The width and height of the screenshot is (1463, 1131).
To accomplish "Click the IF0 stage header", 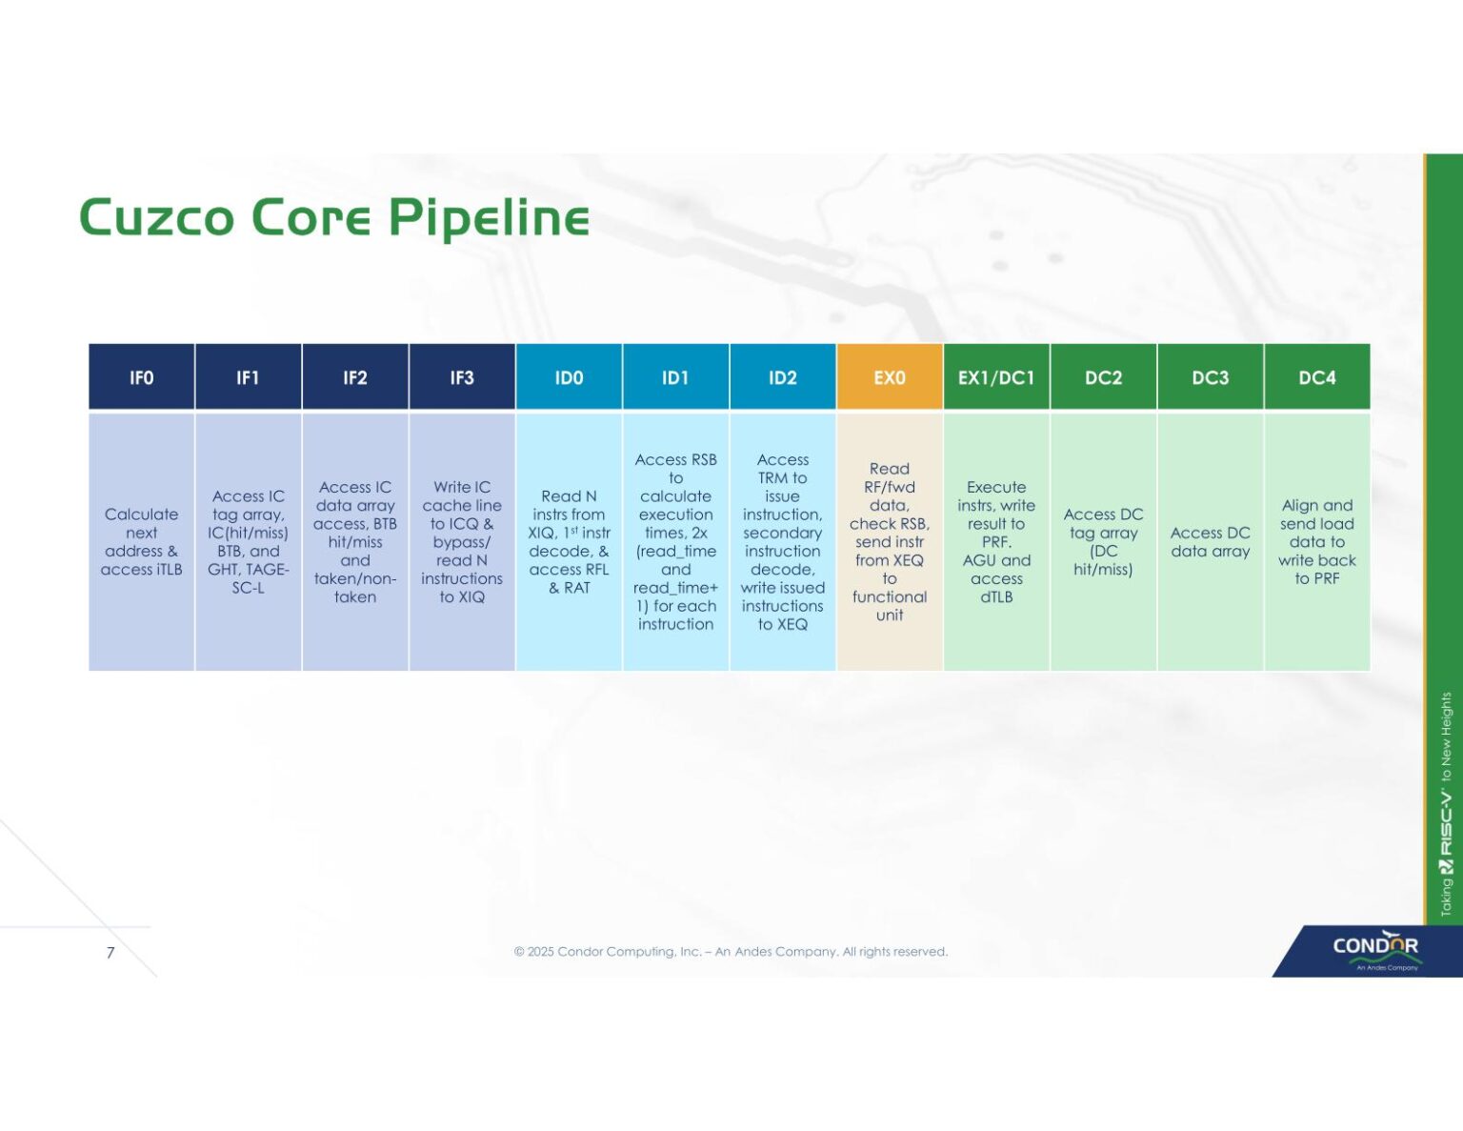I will pos(141,377).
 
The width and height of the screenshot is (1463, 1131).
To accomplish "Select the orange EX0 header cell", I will pos(889,377).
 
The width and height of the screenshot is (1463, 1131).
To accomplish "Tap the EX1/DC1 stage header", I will pos(995,377).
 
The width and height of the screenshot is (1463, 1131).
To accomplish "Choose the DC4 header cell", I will pos(1316,377).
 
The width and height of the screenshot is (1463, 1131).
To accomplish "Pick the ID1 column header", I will pos(675,377).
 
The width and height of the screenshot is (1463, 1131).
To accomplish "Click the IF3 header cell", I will pos(462,377).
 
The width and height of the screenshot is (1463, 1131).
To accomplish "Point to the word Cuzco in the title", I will pos(156,217).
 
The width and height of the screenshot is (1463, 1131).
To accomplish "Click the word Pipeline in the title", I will pos(489,217).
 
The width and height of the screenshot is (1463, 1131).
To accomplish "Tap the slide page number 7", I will pos(110,952).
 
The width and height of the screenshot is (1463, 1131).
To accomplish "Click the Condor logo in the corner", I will pos(1374,949).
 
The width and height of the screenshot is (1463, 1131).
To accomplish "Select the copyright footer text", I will pos(731,951).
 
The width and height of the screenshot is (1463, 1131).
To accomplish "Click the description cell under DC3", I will pos(1210,541).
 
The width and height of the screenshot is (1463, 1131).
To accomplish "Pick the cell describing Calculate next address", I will pos(141,541).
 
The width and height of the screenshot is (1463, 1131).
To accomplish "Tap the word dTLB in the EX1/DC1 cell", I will pos(996,597).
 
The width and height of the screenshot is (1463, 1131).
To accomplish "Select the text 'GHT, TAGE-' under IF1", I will pos(248,570).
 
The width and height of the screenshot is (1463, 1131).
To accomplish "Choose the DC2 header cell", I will pos(1103,377).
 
